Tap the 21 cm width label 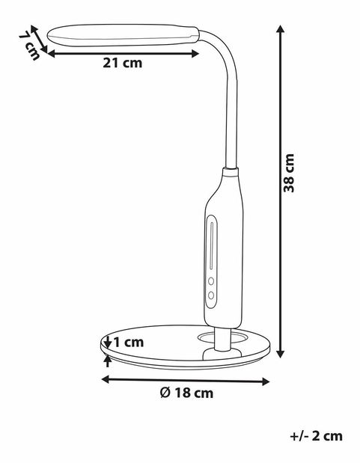tap(122, 63)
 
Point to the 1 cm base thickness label tap(128, 342)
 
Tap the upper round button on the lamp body tap(212, 283)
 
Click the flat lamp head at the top tap(123, 34)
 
